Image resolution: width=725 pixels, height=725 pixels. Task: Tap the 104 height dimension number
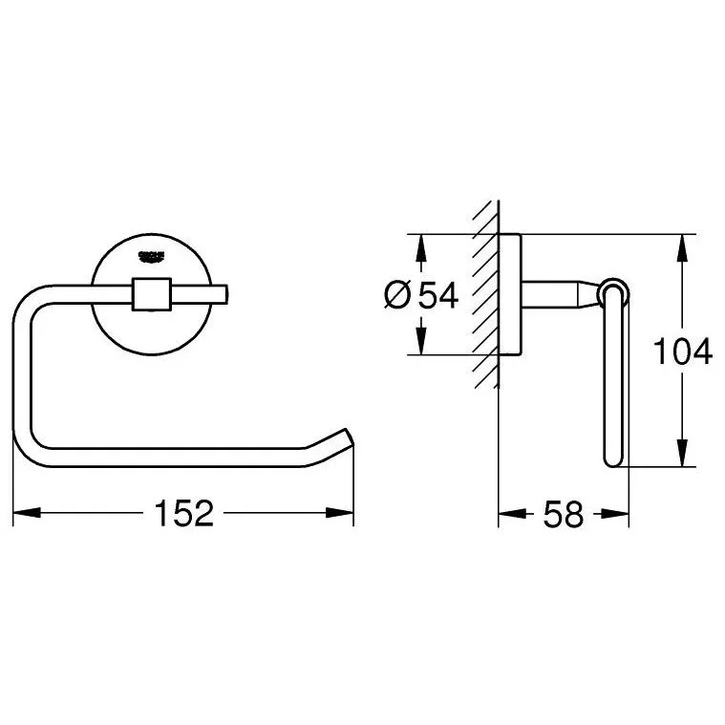click(682, 352)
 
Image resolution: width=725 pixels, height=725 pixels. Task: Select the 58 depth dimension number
click(563, 515)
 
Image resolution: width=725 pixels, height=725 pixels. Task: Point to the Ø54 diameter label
click(421, 296)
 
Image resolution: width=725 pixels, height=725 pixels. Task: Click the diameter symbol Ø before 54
click(399, 296)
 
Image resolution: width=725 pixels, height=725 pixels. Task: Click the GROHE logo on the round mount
click(152, 256)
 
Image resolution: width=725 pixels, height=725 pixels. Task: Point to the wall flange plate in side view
click(510, 294)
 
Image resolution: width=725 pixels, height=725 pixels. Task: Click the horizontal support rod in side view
click(559, 293)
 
